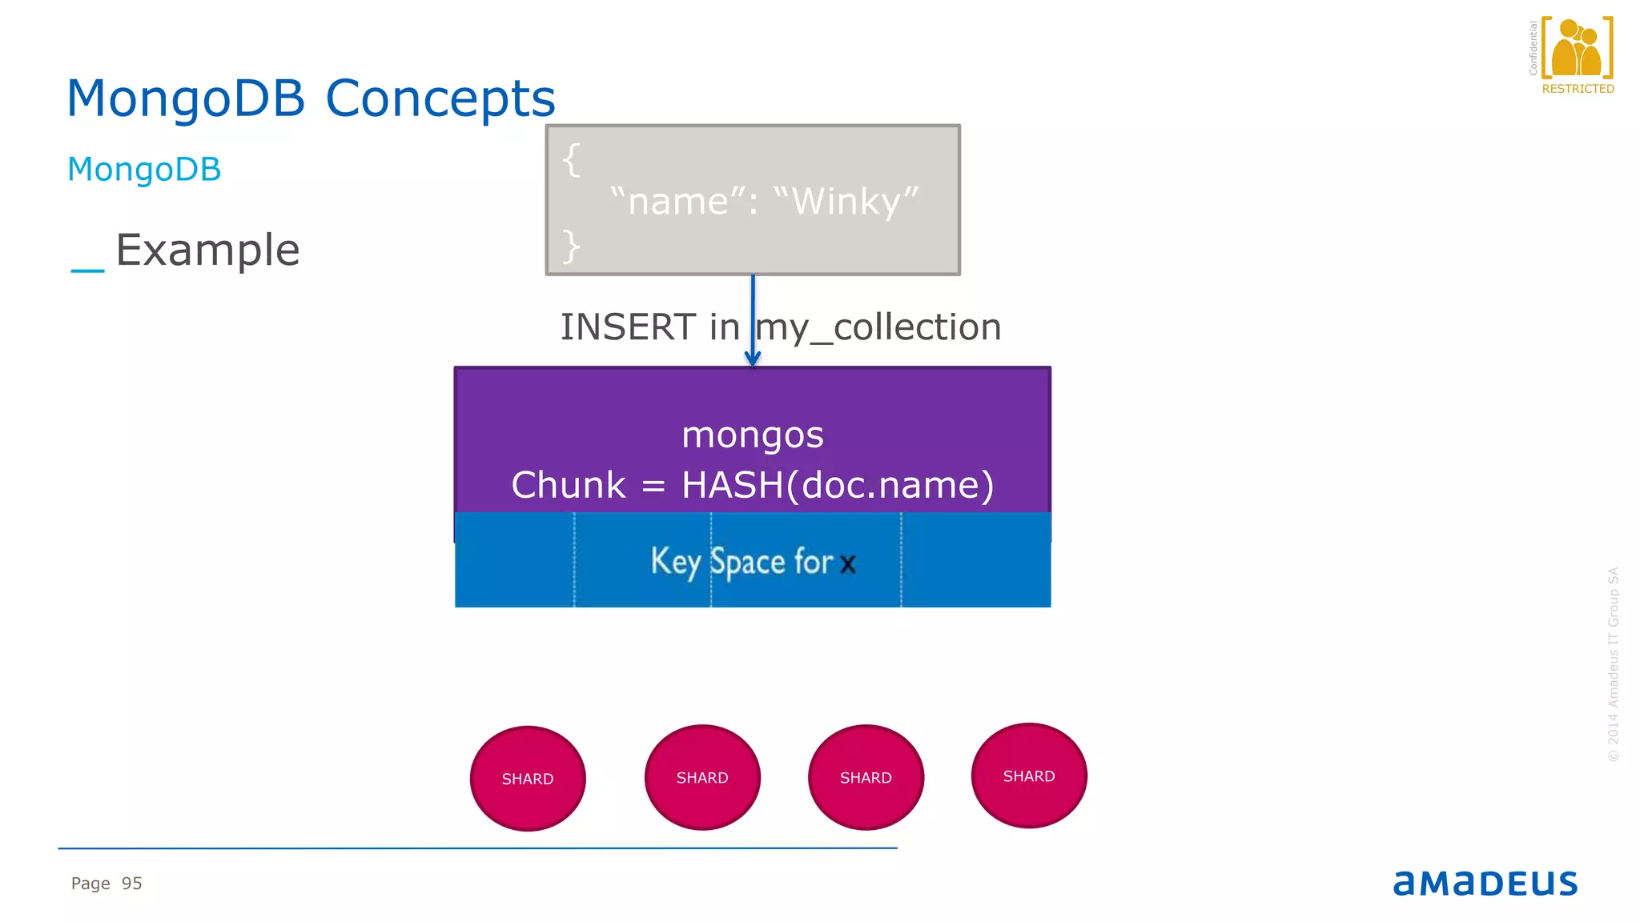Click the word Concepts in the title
point(440,99)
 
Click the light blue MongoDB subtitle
point(144,170)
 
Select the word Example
point(207,251)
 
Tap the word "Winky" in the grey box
point(846,201)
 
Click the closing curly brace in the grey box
point(570,246)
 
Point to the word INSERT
point(628,327)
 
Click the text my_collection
point(879,327)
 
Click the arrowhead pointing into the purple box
point(752,359)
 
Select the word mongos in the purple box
point(752,435)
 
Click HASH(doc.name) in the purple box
point(837,485)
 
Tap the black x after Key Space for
point(848,564)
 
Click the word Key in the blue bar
point(675,561)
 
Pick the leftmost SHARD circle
point(528,779)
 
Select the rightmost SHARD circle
point(1029,776)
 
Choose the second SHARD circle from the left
point(702,778)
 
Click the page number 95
point(131,884)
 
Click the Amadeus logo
point(1485,883)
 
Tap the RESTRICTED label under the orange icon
point(1578,89)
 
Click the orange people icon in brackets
point(1576,48)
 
